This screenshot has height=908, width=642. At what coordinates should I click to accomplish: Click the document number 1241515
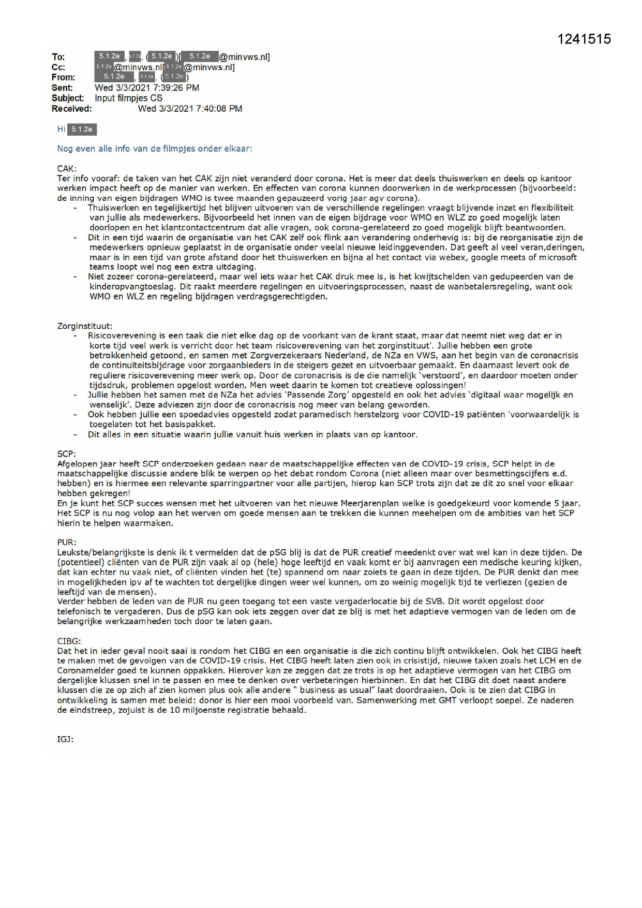point(585,39)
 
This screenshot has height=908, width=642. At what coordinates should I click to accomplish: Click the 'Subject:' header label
point(68,98)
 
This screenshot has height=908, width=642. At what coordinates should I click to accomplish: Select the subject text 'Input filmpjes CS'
point(128,98)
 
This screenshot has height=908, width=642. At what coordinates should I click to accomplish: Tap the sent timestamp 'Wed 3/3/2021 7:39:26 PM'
point(147,88)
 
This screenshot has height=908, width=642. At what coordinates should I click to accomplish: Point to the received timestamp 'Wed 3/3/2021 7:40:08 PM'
point(190,109)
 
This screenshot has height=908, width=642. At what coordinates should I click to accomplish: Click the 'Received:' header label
point(71,109)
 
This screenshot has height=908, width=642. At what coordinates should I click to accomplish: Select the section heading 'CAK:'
point(67,169)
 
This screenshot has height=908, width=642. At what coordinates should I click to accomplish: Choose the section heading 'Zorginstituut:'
point(84,326)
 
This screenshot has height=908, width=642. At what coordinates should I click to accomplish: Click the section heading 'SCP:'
point(66,454)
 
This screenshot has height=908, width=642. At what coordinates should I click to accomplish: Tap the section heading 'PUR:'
point(66,543)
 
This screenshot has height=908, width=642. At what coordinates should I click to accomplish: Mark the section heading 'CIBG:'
point(69,641)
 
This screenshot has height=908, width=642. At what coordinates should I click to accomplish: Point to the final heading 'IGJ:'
point(65,739)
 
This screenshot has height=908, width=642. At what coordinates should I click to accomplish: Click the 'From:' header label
point(63,78)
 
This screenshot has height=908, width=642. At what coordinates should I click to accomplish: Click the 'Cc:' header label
point(58,67)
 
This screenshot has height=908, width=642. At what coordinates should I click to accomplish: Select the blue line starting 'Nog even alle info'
point(155,149)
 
